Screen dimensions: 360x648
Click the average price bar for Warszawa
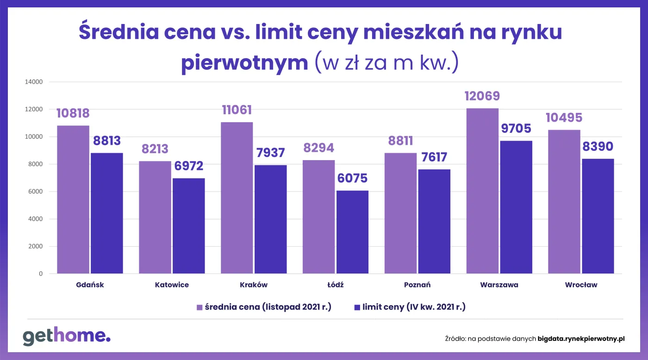click(x=482, y=191)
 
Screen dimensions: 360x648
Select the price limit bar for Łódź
click(x=352, y=232)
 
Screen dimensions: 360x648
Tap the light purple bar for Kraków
click(x=237, y=198)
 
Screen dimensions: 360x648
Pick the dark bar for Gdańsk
click(x=107, y=213)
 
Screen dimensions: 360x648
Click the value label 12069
click(x=482, y=96)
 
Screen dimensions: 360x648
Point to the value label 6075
click(x=352, y=179)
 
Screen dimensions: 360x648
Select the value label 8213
click(x=155, y=149)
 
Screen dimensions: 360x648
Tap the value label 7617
click(x=434, y=157)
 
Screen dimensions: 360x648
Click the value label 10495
click(x=564, y=118)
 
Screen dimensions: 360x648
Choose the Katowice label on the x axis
click(x=172, y=285)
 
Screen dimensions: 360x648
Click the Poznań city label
click(x=417, y=285)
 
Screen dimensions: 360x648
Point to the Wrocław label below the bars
click(x=581, y=285)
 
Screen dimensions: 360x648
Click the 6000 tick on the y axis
click(x=35, y=192)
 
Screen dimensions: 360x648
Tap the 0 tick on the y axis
click(x=41, y=274)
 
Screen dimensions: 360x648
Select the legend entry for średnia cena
click(x=264, y=307)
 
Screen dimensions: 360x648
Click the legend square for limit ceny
click(x=357, y=307)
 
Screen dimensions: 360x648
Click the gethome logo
click(x=67, y=336)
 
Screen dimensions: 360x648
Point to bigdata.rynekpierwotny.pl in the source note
click(x=581, y=339)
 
